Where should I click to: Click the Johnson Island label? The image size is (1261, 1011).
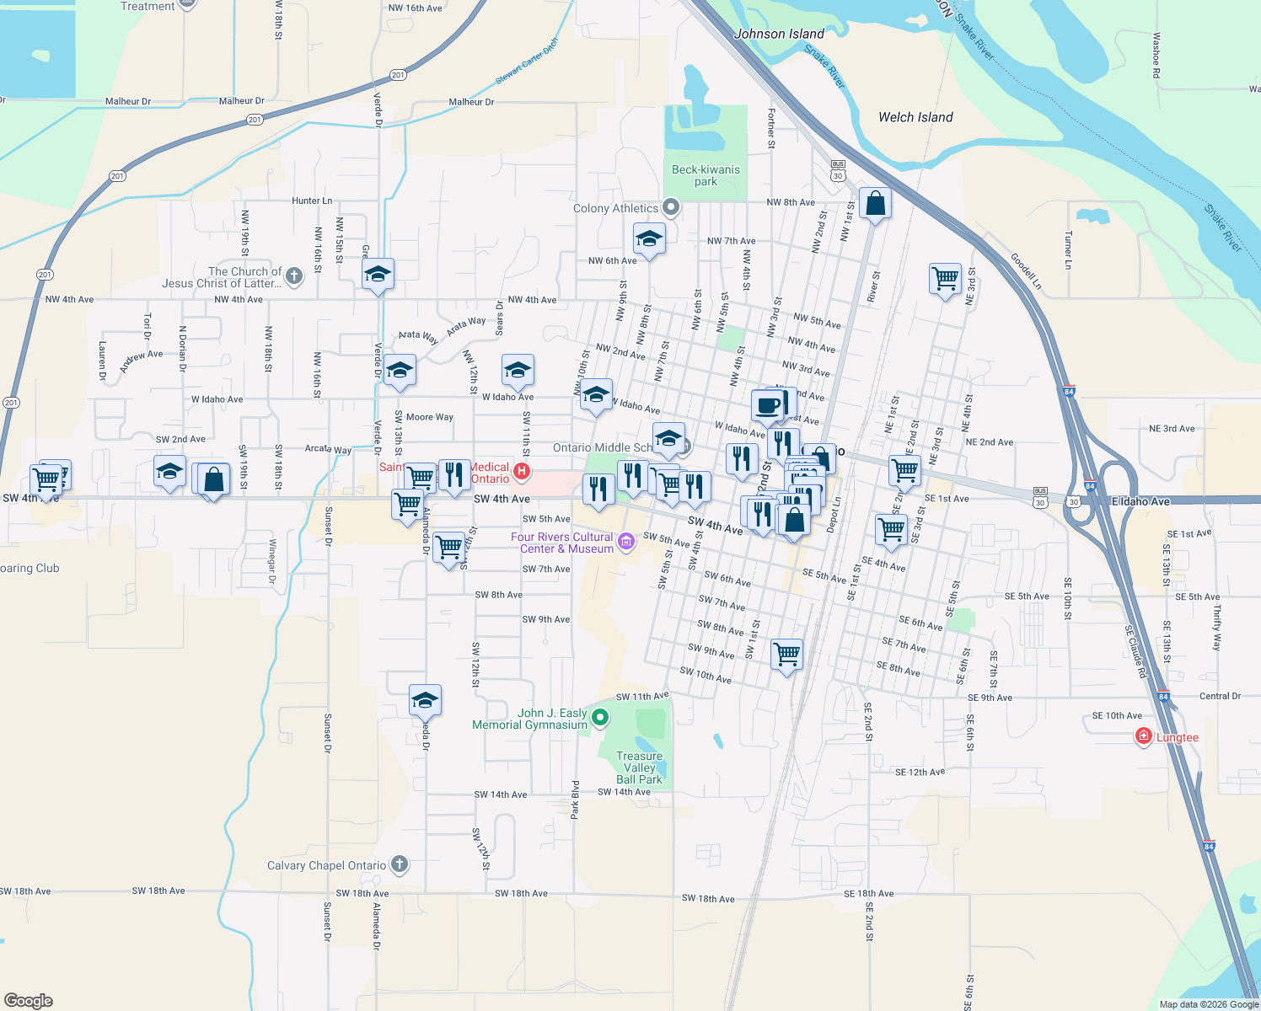(x=779, y=34)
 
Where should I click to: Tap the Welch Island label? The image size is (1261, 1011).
(x=915, y=117)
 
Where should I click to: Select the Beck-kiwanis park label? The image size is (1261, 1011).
(x=706, y=175)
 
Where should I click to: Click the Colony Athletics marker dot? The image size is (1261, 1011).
(x=671, y=206)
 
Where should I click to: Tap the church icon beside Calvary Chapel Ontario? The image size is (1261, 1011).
(x=400, y=864)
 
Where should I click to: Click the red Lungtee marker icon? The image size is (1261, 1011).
(x=1144, y=737)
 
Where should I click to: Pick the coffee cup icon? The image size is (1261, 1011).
(x=768, y=405)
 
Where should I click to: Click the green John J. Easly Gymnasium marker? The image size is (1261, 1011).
(x=600, y=718)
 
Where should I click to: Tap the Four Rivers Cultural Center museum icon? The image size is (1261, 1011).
(x=626, y=542)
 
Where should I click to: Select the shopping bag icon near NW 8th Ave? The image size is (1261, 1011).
(x=875, y=204)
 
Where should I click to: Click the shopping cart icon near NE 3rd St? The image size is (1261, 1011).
(x=945, y=278)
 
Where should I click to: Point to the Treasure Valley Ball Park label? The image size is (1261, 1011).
(x=639, y=768)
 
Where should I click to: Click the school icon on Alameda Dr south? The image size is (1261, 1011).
(x=425, y=700)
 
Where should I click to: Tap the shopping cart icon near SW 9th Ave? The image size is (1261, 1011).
(x=786, y=653)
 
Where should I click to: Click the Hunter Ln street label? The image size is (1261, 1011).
(x=312, y=201)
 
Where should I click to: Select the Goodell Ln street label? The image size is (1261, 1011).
(x=1026, y=272)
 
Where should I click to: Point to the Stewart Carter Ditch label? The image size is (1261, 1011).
(x=527, y=61)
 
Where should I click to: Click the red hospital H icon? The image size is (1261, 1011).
(x=522, y=471)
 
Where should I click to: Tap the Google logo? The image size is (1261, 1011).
(x=29, y=1000)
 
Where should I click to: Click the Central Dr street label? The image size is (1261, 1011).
(x=1220, y=696)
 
